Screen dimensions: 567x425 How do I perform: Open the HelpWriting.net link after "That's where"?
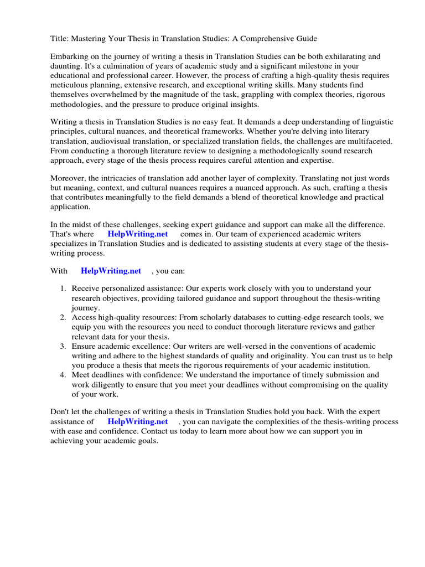137,234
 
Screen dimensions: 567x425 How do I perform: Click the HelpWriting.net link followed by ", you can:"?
111,271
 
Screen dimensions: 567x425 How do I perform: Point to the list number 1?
63,288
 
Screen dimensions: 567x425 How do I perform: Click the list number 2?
63,317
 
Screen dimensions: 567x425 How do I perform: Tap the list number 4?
63,375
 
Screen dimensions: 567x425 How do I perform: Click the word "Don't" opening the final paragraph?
61,412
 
